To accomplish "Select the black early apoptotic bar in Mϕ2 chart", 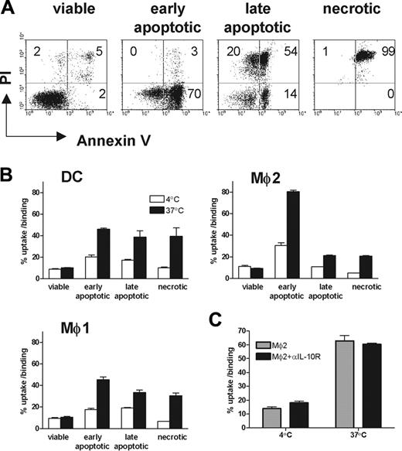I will tap(316, 239).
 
